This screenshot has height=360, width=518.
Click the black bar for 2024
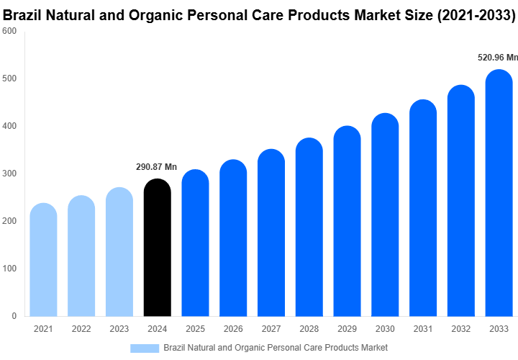click(x=158, y=248)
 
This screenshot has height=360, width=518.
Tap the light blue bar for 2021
click(x=43, y=260)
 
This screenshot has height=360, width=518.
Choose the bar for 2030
click(x=385, y=215)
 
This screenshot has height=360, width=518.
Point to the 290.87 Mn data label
click(x=156, y=167)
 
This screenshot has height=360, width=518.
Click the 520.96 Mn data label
click(x=498, y=58)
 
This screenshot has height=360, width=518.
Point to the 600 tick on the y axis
click(x=9, y=31)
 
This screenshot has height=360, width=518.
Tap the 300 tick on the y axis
click(x=9, y=174)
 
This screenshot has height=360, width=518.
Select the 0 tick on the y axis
click(x=14, y=316)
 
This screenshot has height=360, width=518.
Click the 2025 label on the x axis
click(x=195, y=329)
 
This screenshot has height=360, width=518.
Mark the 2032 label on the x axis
click(x=460, y=329)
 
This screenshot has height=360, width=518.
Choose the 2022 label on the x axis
click(x=81, y=329)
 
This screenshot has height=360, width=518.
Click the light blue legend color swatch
click(x=145, y=348)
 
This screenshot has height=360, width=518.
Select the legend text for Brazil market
click(x=276, y=348)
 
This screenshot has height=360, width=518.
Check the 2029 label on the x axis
click(x=347, y=329)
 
